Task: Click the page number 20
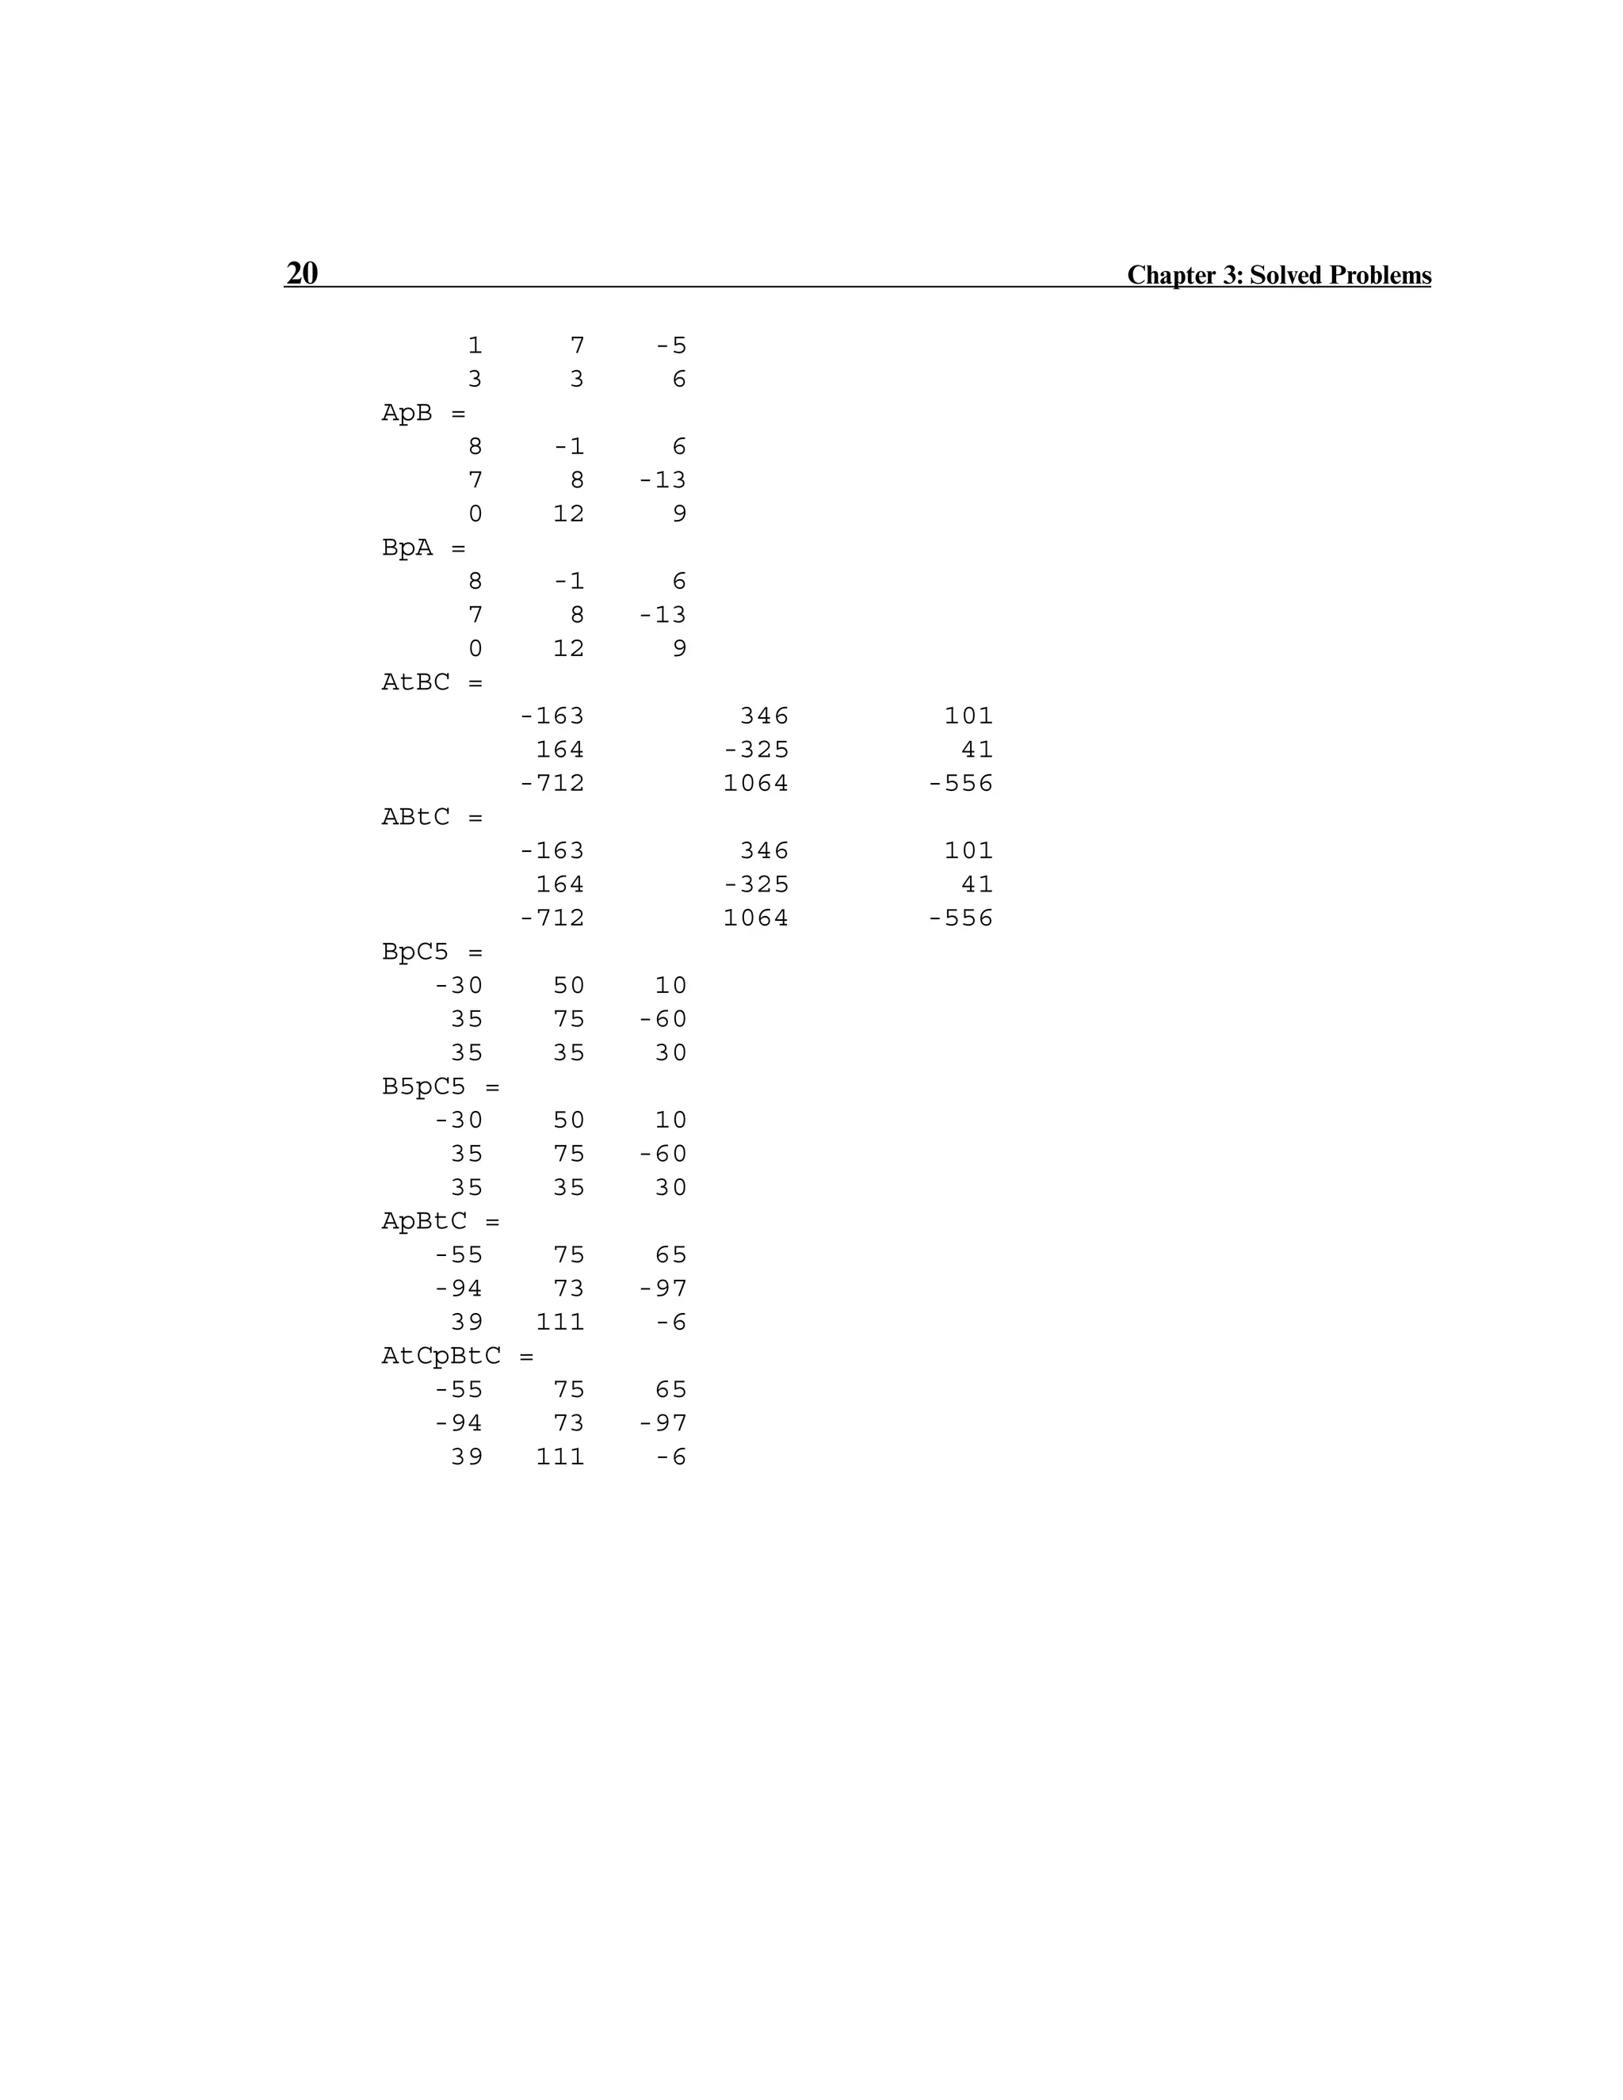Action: pyautogui.click(x=302, y=273)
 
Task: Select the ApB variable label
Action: pyautogui.click(x=407, y=414)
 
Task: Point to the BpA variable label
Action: pyautogui.click(x=407, y=548)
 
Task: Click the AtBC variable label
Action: pyautogui.click(x=415, y=682)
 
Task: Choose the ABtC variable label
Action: pyautogui.click(x=415, y=817)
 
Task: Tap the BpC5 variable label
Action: pyautogui.click(x=415, y=952)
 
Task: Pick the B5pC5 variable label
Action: pyautogui.click(x=424, y=1086)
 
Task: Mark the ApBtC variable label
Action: pyautogui.click(x=424, y=1221)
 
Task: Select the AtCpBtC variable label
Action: pyautogui.click(x=441, y=1356)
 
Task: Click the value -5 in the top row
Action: pyautogui.click(x=671, y=346)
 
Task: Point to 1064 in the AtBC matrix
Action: pyautogui.click(x=756, y=784)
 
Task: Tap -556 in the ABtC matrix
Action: pyautogui.click(x=960, y=918)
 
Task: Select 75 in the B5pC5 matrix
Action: pyautogui.click(x=569, y=1154)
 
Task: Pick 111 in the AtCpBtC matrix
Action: pyautogui.click(x=560, y=1457)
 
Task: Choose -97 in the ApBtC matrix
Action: pyautogui.click(x=663, y=1289)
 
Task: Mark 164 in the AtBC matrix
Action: pyautogui.click(x=560, y=750)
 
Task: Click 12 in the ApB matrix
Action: pyautogui.click(x=569, y=514)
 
